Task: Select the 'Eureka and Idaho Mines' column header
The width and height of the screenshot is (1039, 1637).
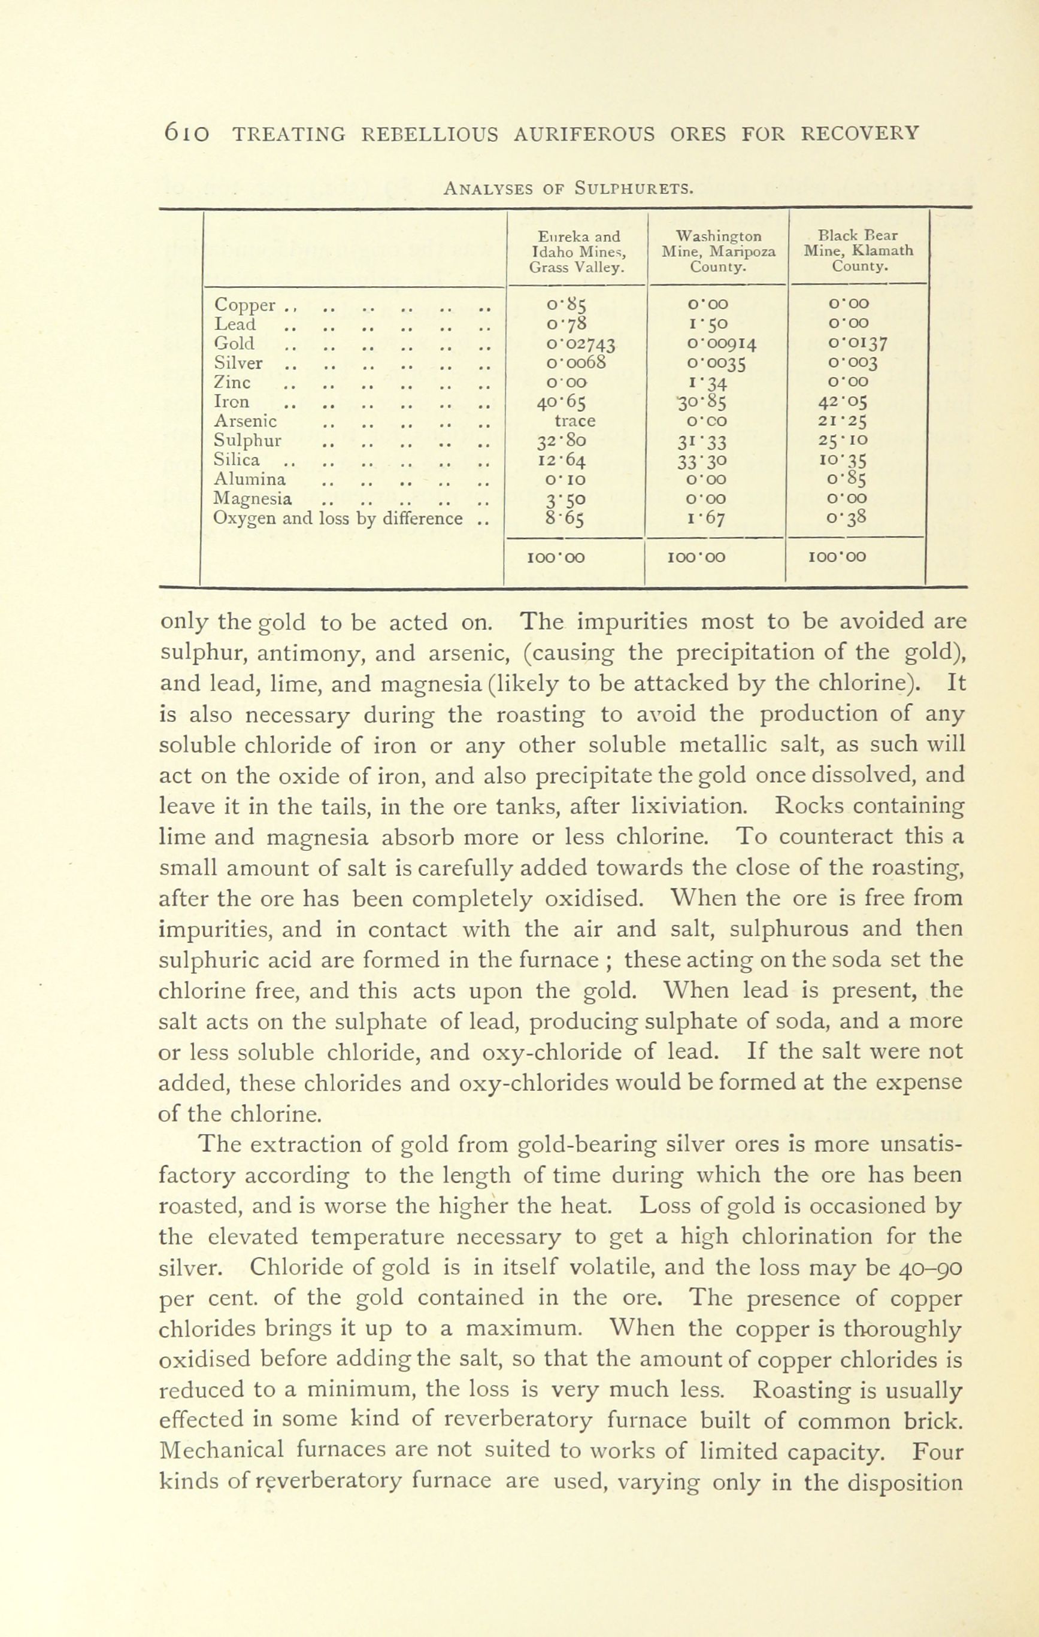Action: [x=578, y=251]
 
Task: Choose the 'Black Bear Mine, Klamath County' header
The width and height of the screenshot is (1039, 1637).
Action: [x=859, y=251]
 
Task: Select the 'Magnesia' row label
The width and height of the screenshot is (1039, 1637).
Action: [x=253, y=499]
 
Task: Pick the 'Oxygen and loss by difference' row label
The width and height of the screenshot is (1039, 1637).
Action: [x=338, y=519]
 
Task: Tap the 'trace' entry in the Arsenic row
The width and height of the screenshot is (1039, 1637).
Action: [x=575, y=422]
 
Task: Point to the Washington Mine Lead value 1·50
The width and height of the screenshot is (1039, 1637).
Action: [x=708, y=325]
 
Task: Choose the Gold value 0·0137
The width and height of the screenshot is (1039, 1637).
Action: [x=859, y=344]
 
